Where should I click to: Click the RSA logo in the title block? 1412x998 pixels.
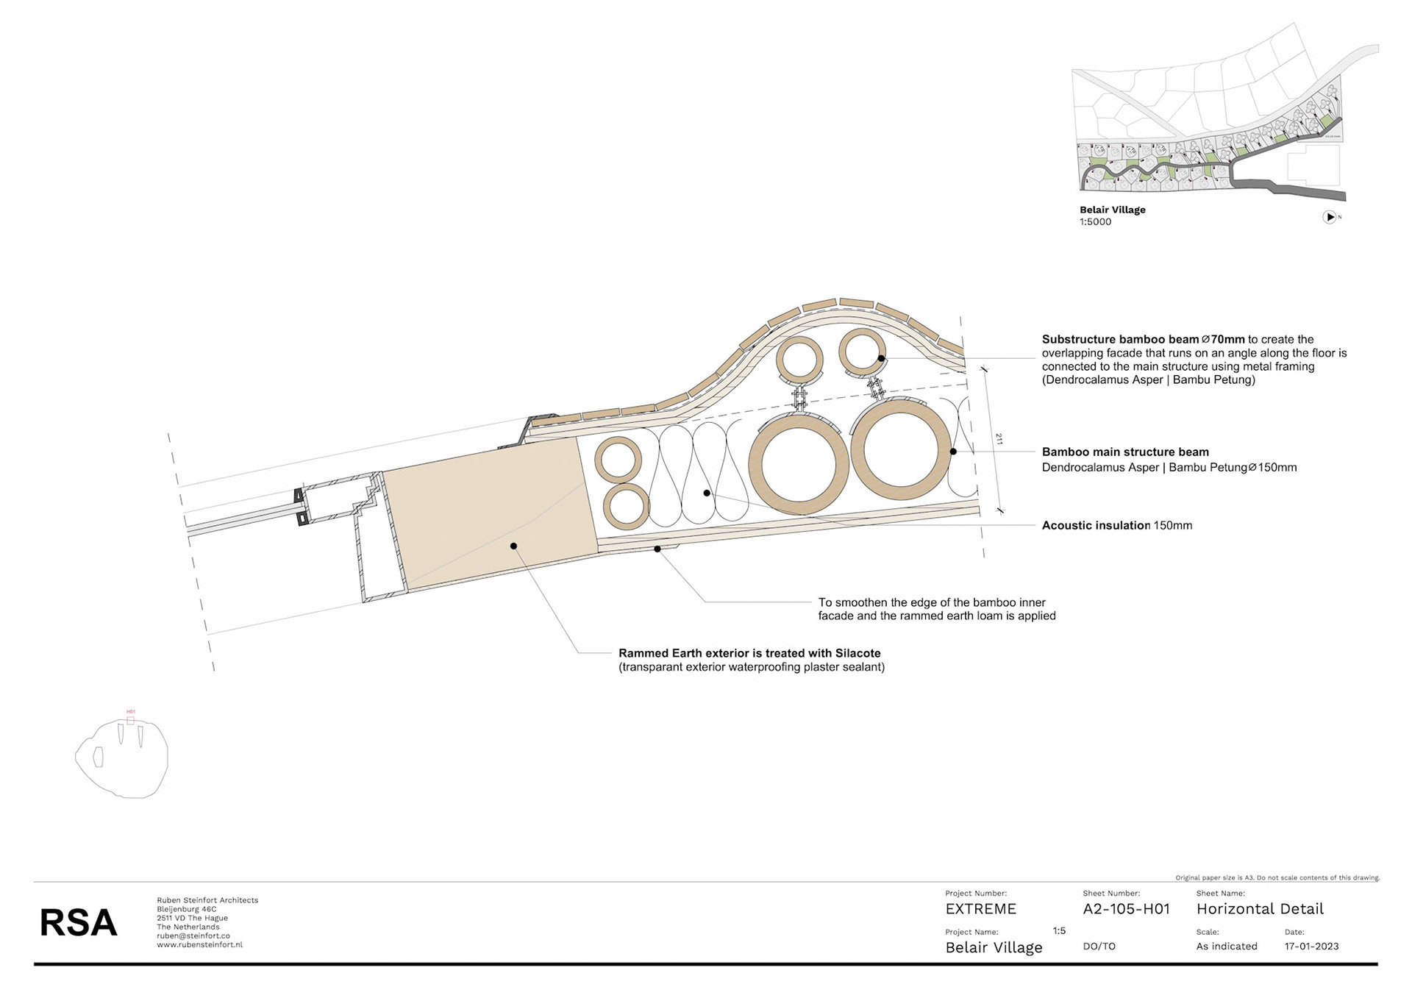[78, 922]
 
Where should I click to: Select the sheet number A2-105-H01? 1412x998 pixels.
[1126, 909]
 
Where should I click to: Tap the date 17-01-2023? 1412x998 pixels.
[1311, 947]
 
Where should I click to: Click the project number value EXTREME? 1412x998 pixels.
[980, 909]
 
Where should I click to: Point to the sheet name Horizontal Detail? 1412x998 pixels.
[1260, 909]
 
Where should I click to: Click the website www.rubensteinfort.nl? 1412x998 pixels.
[199, 945]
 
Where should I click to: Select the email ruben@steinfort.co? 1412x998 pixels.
[193, 936]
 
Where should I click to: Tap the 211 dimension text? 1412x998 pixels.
[999, 439]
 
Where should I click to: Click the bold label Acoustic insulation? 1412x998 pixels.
[1096, 525]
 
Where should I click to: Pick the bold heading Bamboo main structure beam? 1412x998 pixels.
[1125, 452]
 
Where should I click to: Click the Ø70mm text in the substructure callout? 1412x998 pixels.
[1223, 339]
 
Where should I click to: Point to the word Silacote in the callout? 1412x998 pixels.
[857, 653]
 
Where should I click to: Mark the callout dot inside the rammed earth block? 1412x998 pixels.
[513, 546]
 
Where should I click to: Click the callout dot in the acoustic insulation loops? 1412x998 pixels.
[707, 493]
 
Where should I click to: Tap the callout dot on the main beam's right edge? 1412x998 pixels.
[953, 452]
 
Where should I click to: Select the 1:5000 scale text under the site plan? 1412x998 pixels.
[1095, 222]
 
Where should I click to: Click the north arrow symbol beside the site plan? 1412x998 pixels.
[1330, 217]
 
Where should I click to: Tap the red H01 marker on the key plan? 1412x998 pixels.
[131, 712]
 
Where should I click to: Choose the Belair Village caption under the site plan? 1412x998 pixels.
[1112, 210]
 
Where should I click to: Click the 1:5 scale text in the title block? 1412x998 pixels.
[1059, 931]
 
